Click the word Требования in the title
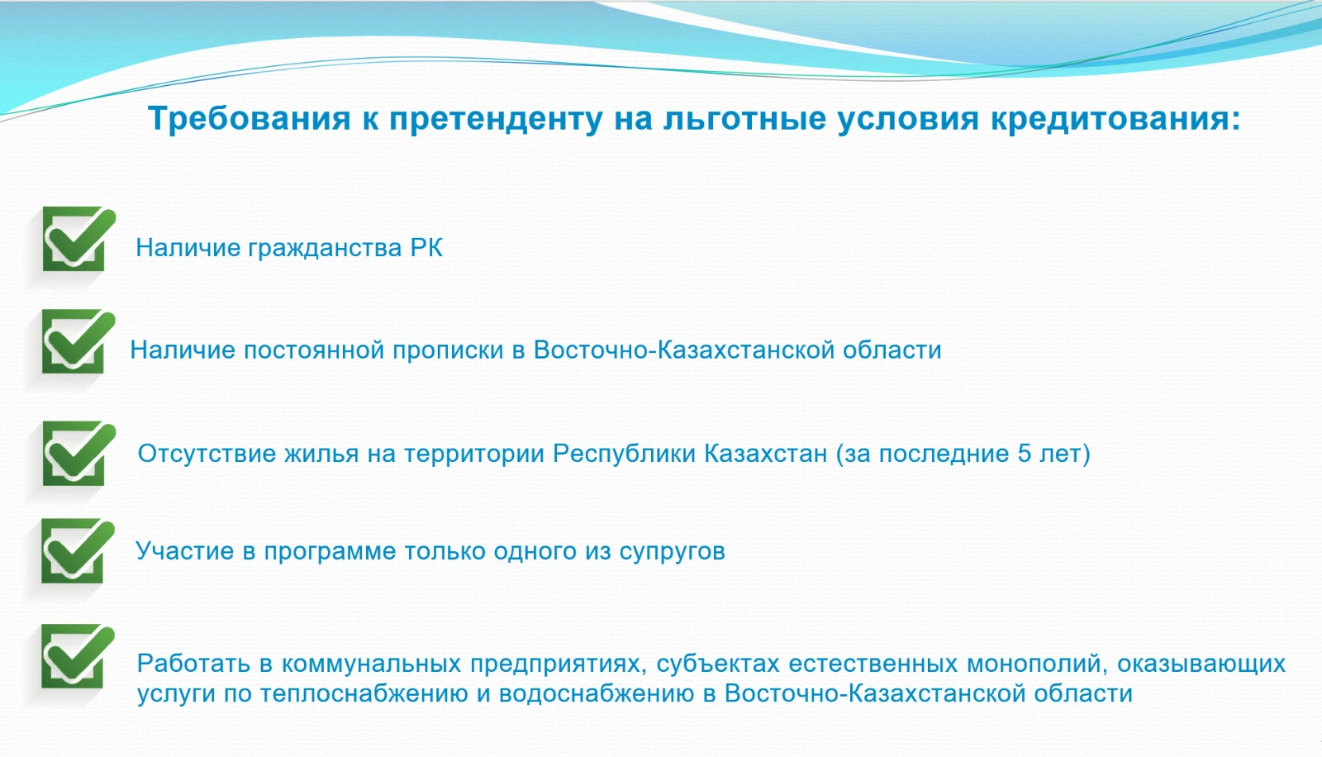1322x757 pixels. pos(249,118)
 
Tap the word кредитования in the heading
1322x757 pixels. pos(1115,118)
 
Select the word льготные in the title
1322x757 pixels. pos(744,118)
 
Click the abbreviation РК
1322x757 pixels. pos(426,248)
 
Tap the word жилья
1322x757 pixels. pos(321,454)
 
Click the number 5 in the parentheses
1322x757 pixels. pos(1024,454)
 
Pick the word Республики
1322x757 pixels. pos(625,454)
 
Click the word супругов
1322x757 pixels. pos(673,552)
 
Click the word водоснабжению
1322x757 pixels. pos(597,694)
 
